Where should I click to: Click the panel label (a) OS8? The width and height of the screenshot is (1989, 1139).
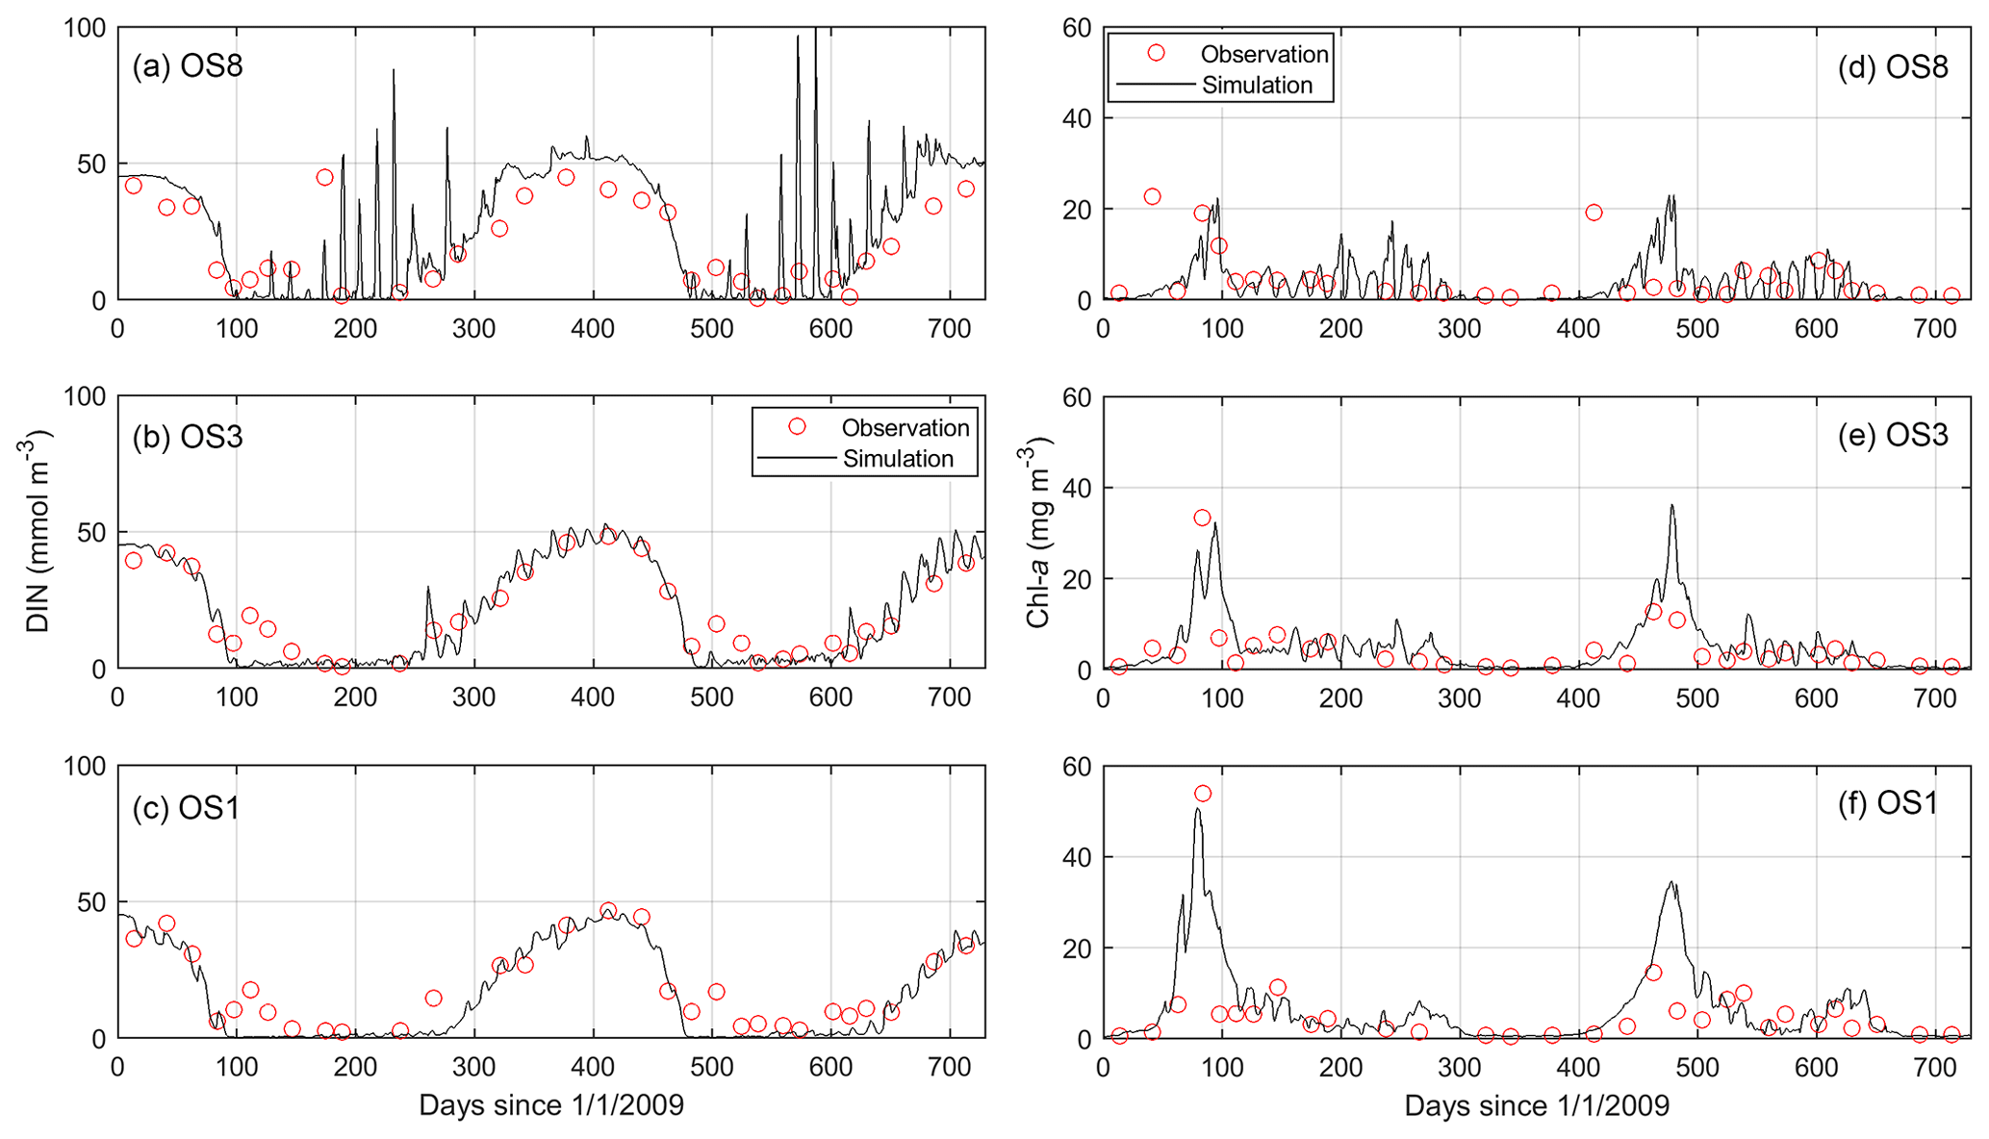pyautogui.click(x=188, y=66)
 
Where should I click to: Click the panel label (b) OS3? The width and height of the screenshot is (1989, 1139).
pyautogui.click(x=188, y=437)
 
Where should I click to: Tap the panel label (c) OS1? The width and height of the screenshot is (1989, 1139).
pyautogui.click(x=186, y=807)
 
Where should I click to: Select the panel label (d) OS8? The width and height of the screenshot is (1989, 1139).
pyautogui.click(x=1892, y=66)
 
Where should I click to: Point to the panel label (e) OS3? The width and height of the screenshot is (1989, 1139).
pyautogui.click(x=1892, y=436)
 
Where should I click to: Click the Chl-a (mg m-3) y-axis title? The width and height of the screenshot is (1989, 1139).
pyautogui.click(x=1039, y=532)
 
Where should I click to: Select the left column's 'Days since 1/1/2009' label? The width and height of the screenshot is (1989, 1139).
pyautogui.click(x=551, y=1105)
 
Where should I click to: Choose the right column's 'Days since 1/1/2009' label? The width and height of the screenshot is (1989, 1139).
pyautogui.click(x=1537, y=1105)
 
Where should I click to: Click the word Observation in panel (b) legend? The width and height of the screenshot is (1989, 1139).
pyautogui.click(x=905, y=427)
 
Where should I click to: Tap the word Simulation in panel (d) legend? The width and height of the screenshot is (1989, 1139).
pyautogui.click(x=1257, y=85)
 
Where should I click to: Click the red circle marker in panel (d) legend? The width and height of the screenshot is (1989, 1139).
pyautogui.click(x=1156, y=53)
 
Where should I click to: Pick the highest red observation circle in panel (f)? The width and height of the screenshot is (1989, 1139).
pyautogui.click(x=1203, y=794)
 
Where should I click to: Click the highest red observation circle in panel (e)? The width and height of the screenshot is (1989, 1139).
pyautogui.click(x=1202, y=518)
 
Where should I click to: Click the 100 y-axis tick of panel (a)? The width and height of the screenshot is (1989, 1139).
pyautogui.click(x=84, y=28)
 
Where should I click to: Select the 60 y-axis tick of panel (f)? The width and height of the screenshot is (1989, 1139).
pyautogui.click(x=1076, y=767)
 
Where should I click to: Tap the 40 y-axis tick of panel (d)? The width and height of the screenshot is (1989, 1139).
pyautogui.click(x=1076, y=118)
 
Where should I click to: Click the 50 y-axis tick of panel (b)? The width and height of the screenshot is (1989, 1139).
pyautogui.click(x=91, y=532)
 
